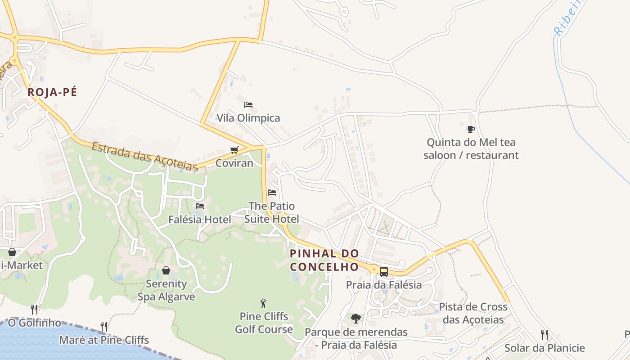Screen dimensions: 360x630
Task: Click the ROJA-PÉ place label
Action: click(52, 92)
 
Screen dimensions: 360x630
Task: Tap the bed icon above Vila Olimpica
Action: click(248, 105)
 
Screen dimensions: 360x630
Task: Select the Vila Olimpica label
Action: click(248, 118)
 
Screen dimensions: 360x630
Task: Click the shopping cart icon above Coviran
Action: click(234, 150)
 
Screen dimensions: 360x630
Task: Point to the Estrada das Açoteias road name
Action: click(145, 157)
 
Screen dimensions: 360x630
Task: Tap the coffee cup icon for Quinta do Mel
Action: click(471, 130)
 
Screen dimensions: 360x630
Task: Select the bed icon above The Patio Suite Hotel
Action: click(272, 193)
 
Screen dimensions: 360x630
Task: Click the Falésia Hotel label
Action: click(200, 220)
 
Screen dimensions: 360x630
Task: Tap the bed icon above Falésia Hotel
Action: click(200, 206)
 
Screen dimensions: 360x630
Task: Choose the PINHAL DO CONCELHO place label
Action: click(324, 260)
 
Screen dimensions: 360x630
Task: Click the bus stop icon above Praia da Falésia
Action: click(384, 271)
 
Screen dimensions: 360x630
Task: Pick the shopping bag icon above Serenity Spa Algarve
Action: click(166, 270)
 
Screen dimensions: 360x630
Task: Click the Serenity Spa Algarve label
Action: click(166, 290)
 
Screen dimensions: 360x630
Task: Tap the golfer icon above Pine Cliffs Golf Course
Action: click(264, 303)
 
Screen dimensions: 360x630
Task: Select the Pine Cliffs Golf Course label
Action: click(264, 323)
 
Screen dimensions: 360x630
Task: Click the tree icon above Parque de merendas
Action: click(356, 319)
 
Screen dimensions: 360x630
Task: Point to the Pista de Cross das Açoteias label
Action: click(473, 313)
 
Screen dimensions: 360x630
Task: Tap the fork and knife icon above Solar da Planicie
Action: click(544, 335)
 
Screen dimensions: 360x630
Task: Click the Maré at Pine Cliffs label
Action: click(104, 340)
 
